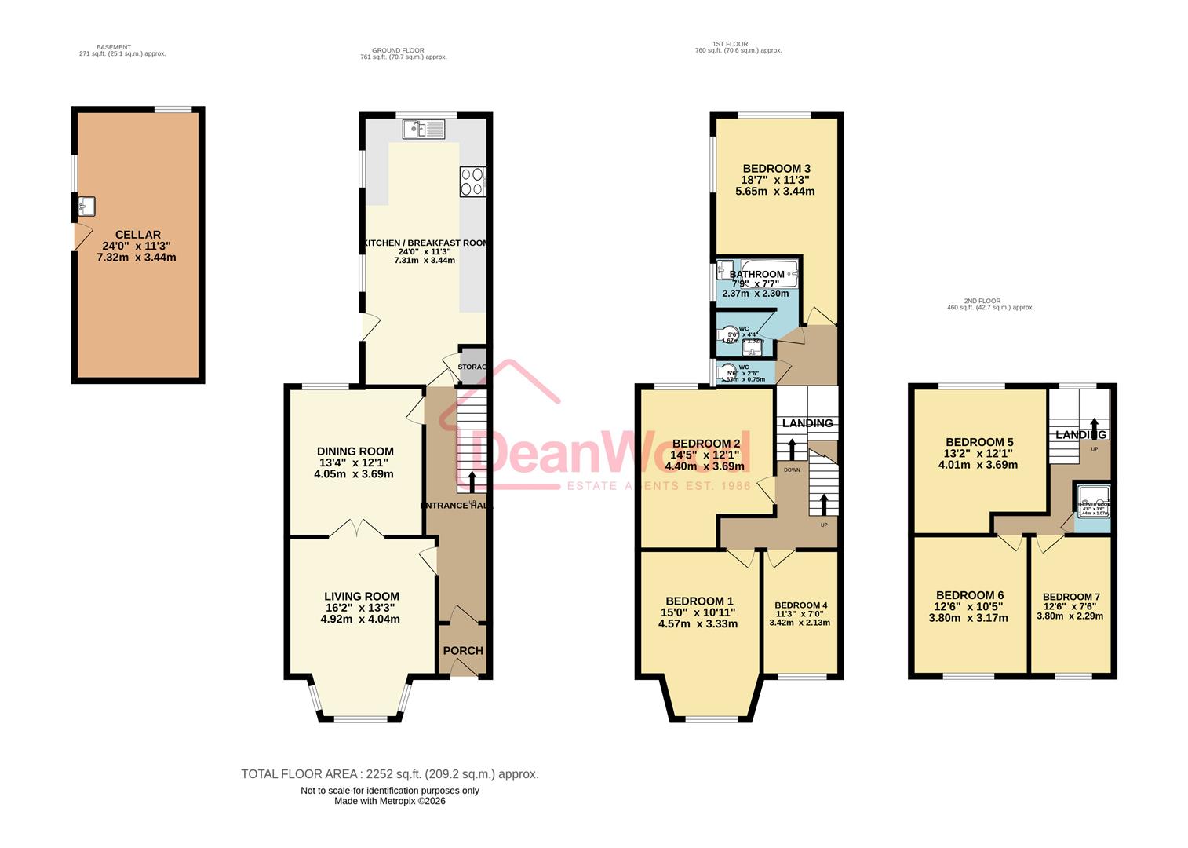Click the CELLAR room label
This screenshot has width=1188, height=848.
pyautogui.click(x=137, y=235)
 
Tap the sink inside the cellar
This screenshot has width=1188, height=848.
pyautogui.click(x=86, y=207)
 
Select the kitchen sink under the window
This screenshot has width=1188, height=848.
pyautogui.click(x=424, y=128)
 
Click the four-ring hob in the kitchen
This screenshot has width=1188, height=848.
pyautogui.click(x=472, y=181)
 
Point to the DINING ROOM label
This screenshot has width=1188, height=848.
pyautogui.click(x=355, y=451)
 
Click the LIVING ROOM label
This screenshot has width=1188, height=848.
pyautogui.click(x=361, y=597)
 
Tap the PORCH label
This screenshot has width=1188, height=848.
pyautogui.click(x=463, y=650)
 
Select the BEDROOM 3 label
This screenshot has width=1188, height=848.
pyautogui.click(x=776, y=169)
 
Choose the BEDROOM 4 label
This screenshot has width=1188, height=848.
pyautogui.click(x=800, y=605)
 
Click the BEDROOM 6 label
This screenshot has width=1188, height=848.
pyautogui.click(x=970, y=595)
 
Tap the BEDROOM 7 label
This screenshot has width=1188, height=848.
pyautogui.click(x=1070, y=597)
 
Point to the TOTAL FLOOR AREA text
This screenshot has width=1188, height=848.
pyautogui.click(x=389, y=774)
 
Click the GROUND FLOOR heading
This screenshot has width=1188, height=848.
pyautogui.click(x=398, y=50)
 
